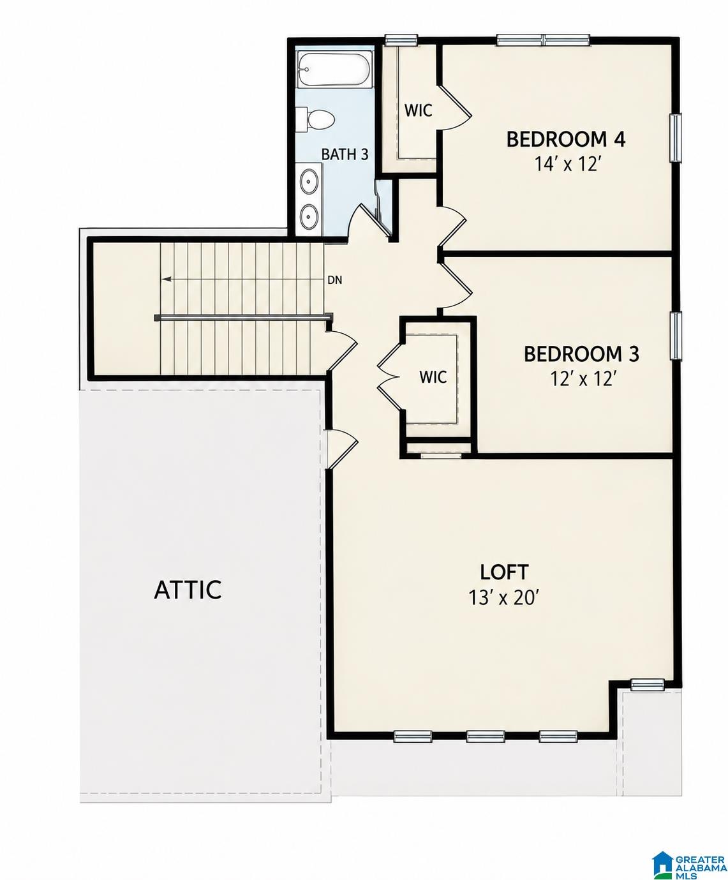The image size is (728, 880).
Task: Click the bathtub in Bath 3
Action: tap(334, 69)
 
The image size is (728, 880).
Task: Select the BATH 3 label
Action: tap(345, 154)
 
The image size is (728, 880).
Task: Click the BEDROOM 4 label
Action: tap(566, 140)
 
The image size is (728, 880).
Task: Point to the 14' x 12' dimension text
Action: tap(567, 164)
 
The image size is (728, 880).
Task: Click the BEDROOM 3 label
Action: tap(581, 354)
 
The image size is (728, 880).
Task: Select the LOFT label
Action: tap(504, 572)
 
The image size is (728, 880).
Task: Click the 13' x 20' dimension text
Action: tap(504, 597)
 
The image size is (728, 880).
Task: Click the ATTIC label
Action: tap(188, 589)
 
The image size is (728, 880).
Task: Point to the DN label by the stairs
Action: tap(335, 280)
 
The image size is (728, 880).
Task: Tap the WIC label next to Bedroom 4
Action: tap(418, 110)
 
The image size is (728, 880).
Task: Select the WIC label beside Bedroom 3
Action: tap(433, 377)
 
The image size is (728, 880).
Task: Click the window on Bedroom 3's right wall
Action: tap(676, 336)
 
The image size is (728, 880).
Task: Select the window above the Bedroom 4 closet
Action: tap(401, 40)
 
